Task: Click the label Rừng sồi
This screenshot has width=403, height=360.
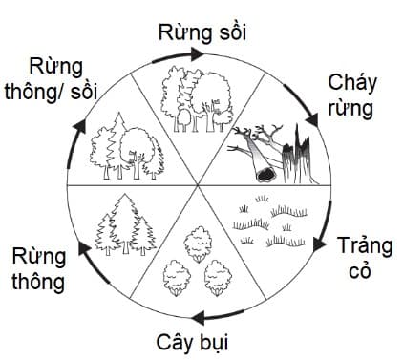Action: (x=201, y=32)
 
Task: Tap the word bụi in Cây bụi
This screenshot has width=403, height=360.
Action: (x=216, y=342)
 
